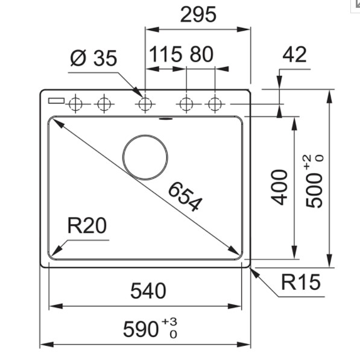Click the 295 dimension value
click(198, 14)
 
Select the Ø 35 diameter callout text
click(93, 58)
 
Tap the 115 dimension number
click(165, 54)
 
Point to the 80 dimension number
click(201, 54)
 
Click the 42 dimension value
click(294, 54)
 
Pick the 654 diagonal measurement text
click(185, 196)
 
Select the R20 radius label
click(87, 225)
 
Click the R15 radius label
click(301, 282)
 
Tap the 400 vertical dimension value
click(279, 187)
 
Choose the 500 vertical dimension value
click(314, 190)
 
